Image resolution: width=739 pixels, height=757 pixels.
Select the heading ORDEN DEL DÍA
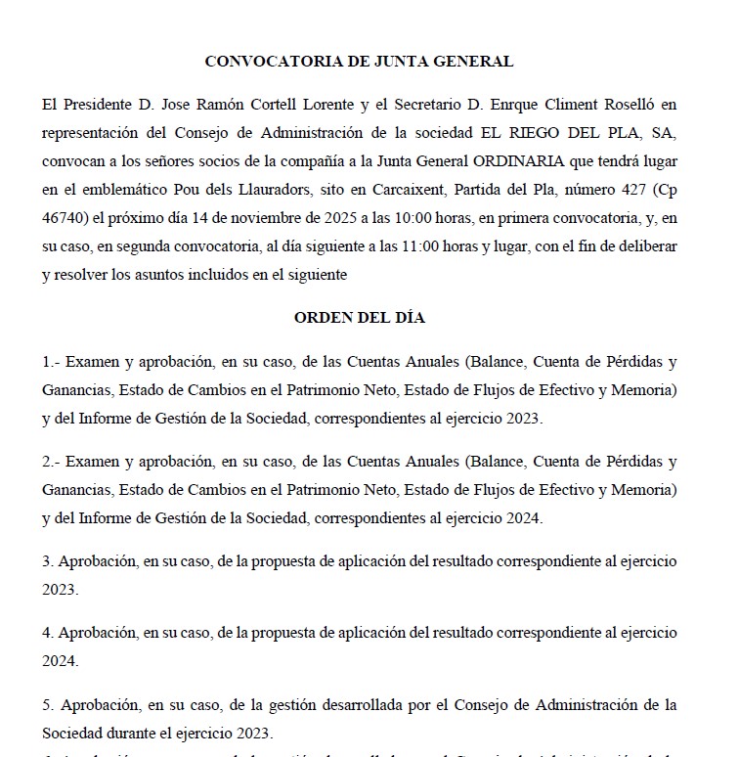[x=359, y=318]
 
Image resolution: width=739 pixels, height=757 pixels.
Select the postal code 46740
[x=63, y=217]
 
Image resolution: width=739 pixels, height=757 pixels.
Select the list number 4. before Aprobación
[x=47, y=632]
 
